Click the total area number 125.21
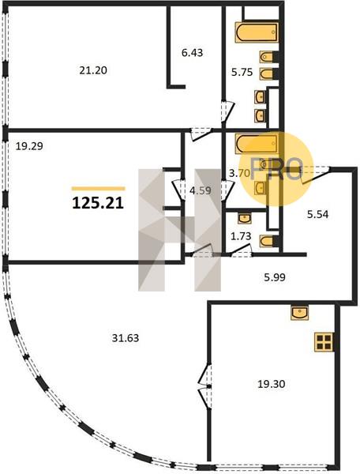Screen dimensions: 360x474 tap(98, 203)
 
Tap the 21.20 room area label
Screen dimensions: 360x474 tap(93, 70)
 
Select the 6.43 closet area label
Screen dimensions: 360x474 tap(192, 53)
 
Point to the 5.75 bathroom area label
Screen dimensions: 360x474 tap(242, 72)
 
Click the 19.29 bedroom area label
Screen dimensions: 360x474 tap(29, 146)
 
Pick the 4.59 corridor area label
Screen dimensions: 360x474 tap(201, 190)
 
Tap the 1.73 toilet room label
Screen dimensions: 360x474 tap(241, 236)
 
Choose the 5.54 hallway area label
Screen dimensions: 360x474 tap(317, 215)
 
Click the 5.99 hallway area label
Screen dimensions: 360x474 tap(275, 277)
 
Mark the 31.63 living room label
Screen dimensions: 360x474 tap(126, 337)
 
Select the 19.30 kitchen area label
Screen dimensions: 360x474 tap(272, 384)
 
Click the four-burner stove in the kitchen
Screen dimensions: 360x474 tap(324, 342)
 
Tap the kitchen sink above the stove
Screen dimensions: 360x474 tap(299, 313)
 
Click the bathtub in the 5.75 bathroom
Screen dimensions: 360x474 tap(257, 32)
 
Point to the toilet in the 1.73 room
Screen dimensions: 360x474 tap(268, 241)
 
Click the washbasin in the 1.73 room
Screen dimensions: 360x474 tap(244, 218)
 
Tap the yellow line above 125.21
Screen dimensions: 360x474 tap(98, 189)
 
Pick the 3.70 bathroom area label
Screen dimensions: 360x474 tap(239, 173)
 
